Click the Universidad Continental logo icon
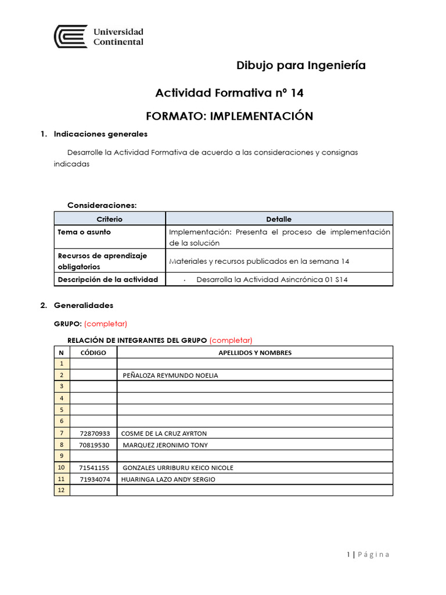(x=71, y=37)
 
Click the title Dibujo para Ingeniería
(x=301, y=65)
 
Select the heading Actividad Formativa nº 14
(x=229, y=93)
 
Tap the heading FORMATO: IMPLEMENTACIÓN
(x=229, y=116)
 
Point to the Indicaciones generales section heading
(x=100, y=134)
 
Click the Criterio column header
(x=110, y=219)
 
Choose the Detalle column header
(x=279, y=219)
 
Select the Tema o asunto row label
(x=84, y=232)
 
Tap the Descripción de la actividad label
(x=107, y=279)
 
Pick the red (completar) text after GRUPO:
(x=106, y=324)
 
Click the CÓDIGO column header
(x=93, y=353)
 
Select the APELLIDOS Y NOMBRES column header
(x=255, y=353)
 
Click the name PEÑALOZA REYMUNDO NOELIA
(x=171, y=375)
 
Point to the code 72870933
(x=94, y=433)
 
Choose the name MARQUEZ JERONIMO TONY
(x=166, y=445)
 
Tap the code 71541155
(x=94, y=468)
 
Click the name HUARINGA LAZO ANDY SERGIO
(x=168, y=479)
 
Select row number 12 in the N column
(x=61, y=490)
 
